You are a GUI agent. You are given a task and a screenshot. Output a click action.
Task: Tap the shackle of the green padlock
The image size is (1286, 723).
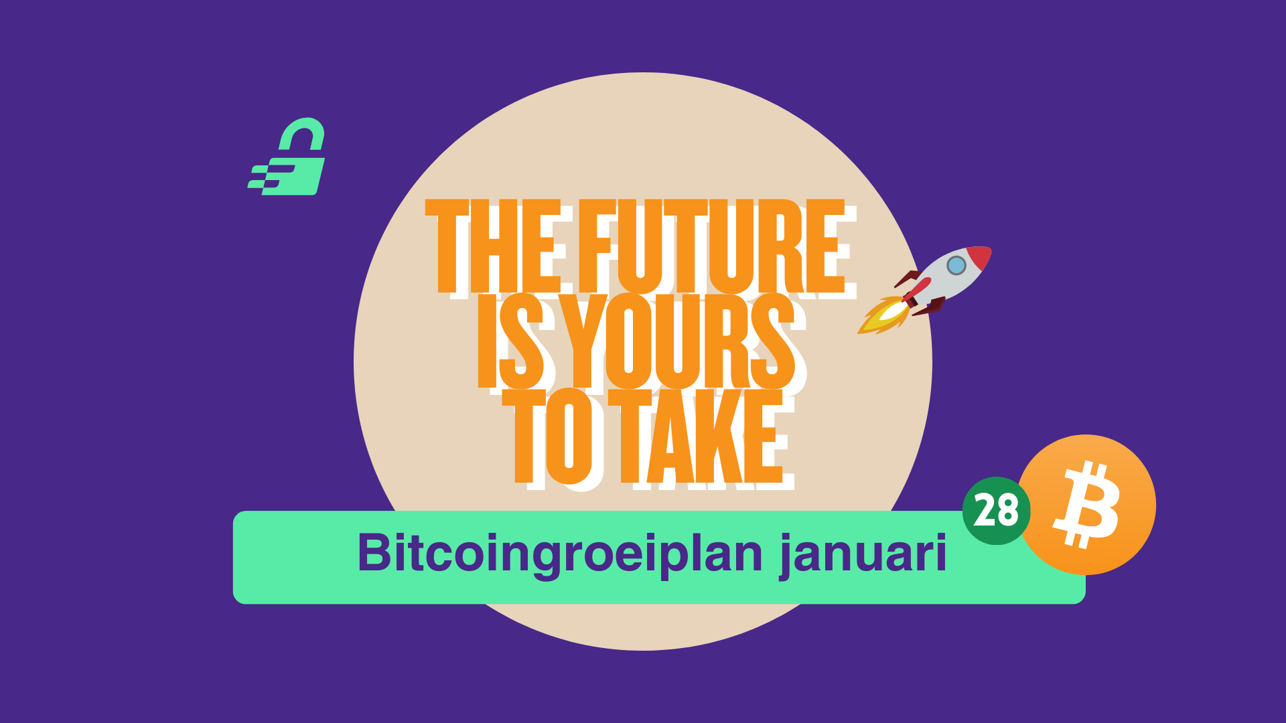(x=302, y=133)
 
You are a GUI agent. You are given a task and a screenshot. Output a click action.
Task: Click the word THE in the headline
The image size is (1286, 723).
(x=492, y=246)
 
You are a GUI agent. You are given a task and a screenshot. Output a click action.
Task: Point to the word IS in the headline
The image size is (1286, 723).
(x=511, y=341)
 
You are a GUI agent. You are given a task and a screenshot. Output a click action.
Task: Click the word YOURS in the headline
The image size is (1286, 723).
(x=677, y=341)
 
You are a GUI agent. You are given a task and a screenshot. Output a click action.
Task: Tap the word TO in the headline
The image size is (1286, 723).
(x=548, y=436)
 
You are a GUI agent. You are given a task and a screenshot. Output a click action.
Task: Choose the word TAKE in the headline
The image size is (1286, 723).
(x=696, y=436)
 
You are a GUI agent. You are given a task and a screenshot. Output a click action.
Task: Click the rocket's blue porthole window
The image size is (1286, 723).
(x=956, y=265)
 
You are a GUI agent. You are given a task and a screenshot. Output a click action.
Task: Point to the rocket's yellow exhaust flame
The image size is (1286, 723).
(x=883, y=315)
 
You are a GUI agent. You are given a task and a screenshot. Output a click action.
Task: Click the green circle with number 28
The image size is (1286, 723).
(x=996, y=511)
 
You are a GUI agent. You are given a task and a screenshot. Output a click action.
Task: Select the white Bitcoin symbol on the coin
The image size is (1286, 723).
(x=1086, y=504)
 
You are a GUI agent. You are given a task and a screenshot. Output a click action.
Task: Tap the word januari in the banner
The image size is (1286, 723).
(x=863, y=554)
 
